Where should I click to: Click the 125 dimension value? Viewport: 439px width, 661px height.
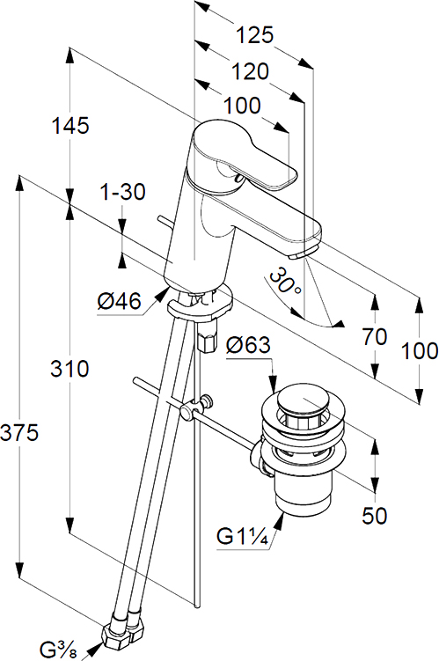(254, 35)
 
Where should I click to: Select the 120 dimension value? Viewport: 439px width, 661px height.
(250, 71)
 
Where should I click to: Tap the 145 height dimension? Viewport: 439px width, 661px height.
(70, 126)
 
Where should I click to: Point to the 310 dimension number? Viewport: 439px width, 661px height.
(70, 369)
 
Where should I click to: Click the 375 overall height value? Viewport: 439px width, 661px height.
(20, 432)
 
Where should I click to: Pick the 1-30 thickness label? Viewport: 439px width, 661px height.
(122, 192)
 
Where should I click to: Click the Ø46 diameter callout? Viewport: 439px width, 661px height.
(119, 301)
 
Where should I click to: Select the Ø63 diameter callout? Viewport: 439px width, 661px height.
(248, 345)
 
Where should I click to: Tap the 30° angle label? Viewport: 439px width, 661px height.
(285, 283)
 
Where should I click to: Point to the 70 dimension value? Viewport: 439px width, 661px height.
(374, 337)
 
